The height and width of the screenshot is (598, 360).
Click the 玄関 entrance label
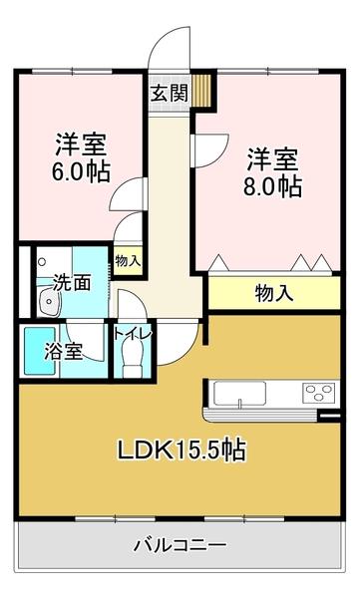(x=169, y=94)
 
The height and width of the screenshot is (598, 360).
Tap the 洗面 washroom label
(x=73, y=282)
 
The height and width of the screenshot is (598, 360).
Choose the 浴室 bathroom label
(x=62, y=351)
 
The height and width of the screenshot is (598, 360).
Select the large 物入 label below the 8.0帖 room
(x=274, y=293)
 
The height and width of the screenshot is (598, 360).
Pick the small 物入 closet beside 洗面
(x=128, y=261)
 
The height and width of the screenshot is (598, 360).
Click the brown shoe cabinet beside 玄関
(x=204, y=91)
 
